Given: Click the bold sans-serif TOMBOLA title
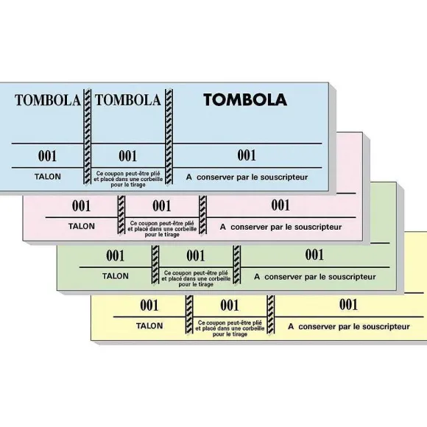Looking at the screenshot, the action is [x=245, y=99].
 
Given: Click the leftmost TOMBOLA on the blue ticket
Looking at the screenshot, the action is [x=48, y=100].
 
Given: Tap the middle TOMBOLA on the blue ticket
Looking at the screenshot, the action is [x=128, y=100].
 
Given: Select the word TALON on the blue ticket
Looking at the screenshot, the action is [x=48, y=177].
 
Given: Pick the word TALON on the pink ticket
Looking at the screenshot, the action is [x=82, y=226].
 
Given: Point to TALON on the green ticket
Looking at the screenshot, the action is [x=116, y=276].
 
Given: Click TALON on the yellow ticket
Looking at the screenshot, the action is [x=149, y=325].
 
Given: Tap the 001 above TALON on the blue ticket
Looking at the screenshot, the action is [x=47, y=156].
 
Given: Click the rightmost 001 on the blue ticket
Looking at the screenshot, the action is [x=247, y=155].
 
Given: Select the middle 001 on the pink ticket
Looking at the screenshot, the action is [x=162, y=206].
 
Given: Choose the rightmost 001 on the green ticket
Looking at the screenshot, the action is [x=314, y=255].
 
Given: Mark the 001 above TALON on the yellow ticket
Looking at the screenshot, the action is [x=149, y=306].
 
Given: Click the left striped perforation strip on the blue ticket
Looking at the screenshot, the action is [x=87, y=136].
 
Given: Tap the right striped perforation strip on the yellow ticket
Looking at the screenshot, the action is [x=271, y=314].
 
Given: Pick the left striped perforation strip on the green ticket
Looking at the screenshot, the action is [x=155, y=265].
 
